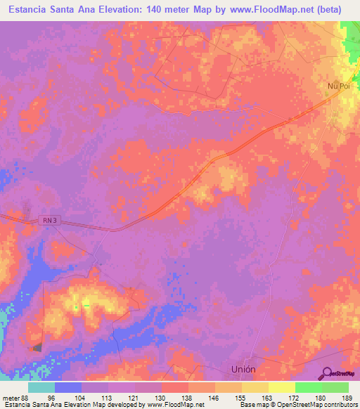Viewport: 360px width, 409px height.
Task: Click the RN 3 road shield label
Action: tap(48, 221)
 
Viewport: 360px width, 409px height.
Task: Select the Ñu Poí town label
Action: tap(337, 86)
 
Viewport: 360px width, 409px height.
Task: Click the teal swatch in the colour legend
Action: tap(41, 387)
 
